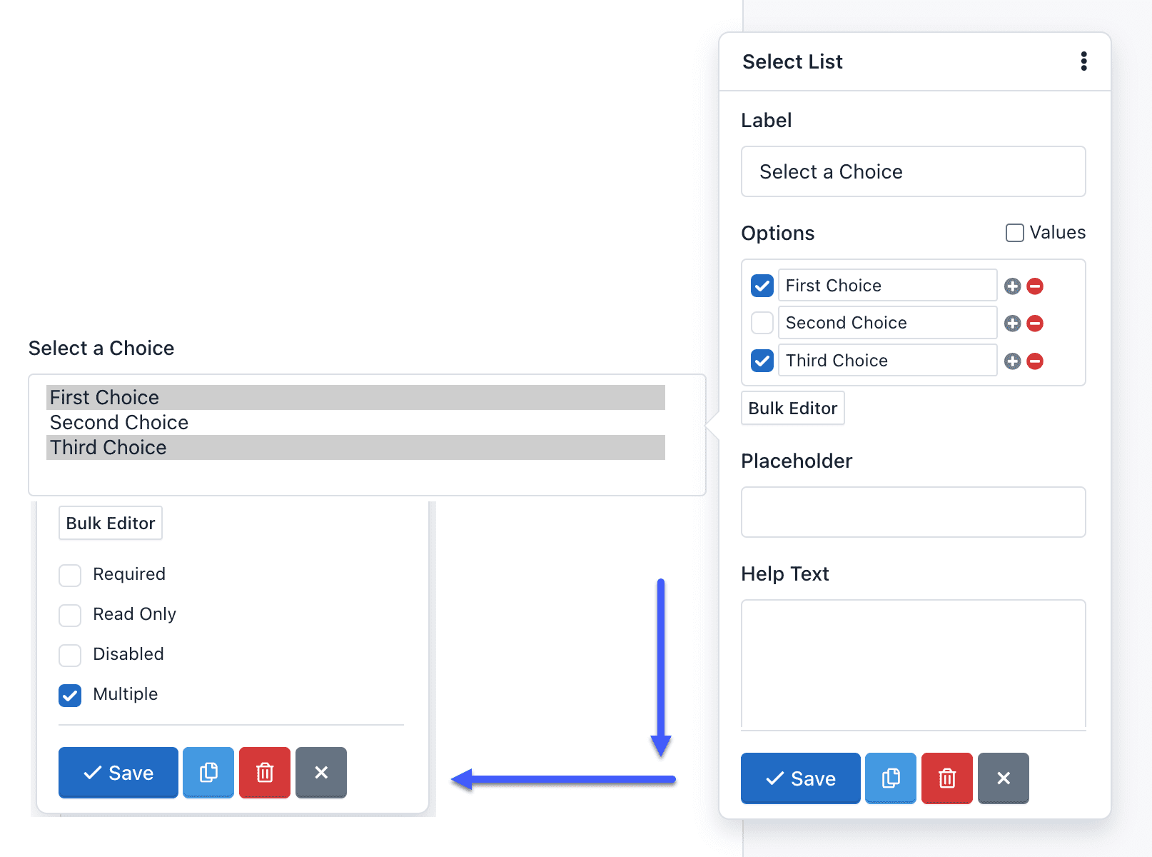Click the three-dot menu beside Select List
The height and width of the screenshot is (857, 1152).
(x=1083, y=61)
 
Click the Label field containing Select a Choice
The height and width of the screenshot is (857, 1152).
(x=913, y=171)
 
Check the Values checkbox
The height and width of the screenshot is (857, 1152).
(x=1014, y=233)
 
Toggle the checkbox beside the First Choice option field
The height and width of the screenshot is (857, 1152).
(x=762, y=286)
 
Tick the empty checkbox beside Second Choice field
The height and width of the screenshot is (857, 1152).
(x=762, y=323)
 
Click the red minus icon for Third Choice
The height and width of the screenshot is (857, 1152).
(x=1035, y=361)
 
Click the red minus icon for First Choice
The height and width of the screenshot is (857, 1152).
(x=1035, y=286)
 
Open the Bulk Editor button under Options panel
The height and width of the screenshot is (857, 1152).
(x=792, y=409)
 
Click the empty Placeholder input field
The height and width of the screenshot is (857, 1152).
(x=913, y=512)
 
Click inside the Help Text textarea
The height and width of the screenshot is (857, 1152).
(x=913, y=664)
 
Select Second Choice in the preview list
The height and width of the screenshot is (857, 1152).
(x=119, y=423)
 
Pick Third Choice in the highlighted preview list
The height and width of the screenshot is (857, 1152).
(x=108, y=448)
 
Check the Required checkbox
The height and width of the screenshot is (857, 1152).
(x=70, y=575)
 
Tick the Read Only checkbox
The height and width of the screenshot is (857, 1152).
(x=70, y=615)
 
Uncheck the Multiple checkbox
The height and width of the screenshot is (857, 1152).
(x=70, y=695)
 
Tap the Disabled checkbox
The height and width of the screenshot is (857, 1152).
(x=70, y=655)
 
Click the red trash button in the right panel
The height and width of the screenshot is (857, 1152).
(x=946, y=778)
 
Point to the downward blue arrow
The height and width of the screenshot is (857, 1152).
(x=661, y=664)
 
